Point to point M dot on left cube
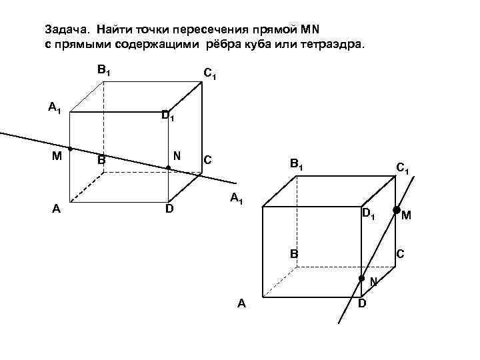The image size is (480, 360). coord(70,149)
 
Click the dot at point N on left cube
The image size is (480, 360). coord(168,167)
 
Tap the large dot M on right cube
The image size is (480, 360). coord(396,211)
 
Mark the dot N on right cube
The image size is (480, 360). coord(361,277)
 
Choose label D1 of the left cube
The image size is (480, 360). coord(168,116)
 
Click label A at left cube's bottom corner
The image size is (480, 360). coord(57,208)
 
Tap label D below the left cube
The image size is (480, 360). coord(169,209)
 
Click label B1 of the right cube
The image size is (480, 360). coord(296,162)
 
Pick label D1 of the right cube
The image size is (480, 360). coord(368,214)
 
